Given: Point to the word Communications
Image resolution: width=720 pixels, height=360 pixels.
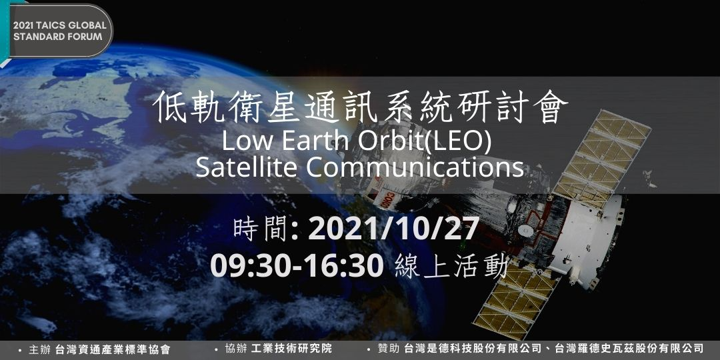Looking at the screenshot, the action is tap(414, 167).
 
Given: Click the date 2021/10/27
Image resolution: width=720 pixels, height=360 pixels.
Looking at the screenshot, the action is tap(393, 229).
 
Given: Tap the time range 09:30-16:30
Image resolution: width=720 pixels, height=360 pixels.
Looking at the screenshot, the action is tap(297, 266).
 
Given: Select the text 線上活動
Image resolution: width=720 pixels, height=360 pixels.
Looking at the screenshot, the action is tap(451, 266).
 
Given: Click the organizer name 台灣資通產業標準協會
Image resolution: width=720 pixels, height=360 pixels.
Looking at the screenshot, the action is tap(113, 350).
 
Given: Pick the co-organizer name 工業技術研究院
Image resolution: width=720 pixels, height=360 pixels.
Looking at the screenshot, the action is tap(291, 349).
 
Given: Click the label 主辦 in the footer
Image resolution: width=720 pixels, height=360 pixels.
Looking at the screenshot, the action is tap(40, 350).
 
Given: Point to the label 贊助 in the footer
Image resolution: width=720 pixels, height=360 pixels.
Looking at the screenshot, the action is tap(389, 349).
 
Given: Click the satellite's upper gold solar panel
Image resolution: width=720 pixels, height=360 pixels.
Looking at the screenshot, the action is tap(601, 159).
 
